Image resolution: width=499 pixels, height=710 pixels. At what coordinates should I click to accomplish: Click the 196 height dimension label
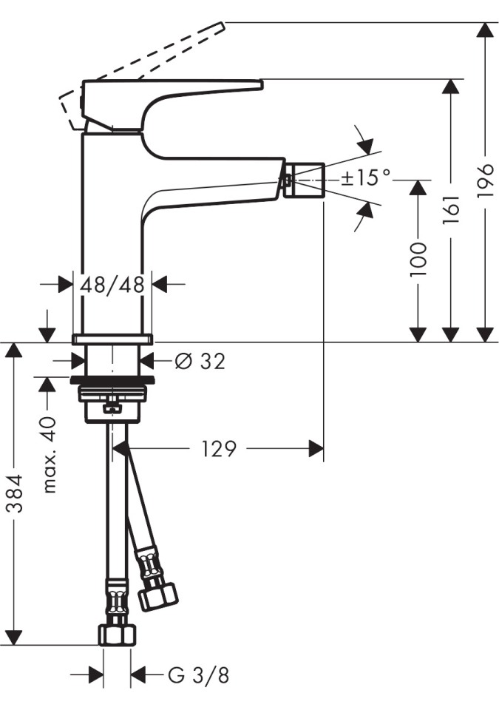point(486,180)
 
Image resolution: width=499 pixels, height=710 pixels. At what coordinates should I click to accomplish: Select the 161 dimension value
point(451,209)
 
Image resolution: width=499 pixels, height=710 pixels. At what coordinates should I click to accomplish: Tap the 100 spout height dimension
point(418,260)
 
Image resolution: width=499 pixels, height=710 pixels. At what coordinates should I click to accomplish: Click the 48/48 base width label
point(112,284)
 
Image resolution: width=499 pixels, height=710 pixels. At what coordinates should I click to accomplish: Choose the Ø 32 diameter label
point(200,361)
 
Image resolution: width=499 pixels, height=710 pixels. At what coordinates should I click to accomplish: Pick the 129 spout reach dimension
point(219,449)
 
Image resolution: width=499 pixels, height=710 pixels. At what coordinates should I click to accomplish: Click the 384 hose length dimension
point(16,493)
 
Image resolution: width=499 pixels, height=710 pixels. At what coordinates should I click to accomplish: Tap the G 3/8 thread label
point(198,676)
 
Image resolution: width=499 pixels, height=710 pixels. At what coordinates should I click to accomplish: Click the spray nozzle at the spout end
point(304,180)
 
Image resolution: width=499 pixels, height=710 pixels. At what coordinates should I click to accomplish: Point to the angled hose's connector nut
point(157,596)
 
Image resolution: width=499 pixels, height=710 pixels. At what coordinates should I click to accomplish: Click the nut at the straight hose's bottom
point(117,635)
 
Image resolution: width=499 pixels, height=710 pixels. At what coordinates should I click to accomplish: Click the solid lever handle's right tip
point(262,84)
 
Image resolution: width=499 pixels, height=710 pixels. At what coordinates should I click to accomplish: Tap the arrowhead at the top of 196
point(486,30)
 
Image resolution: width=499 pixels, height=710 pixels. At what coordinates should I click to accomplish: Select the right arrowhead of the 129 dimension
point(316,449)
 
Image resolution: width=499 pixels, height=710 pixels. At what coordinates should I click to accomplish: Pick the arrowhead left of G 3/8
point(95,675)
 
